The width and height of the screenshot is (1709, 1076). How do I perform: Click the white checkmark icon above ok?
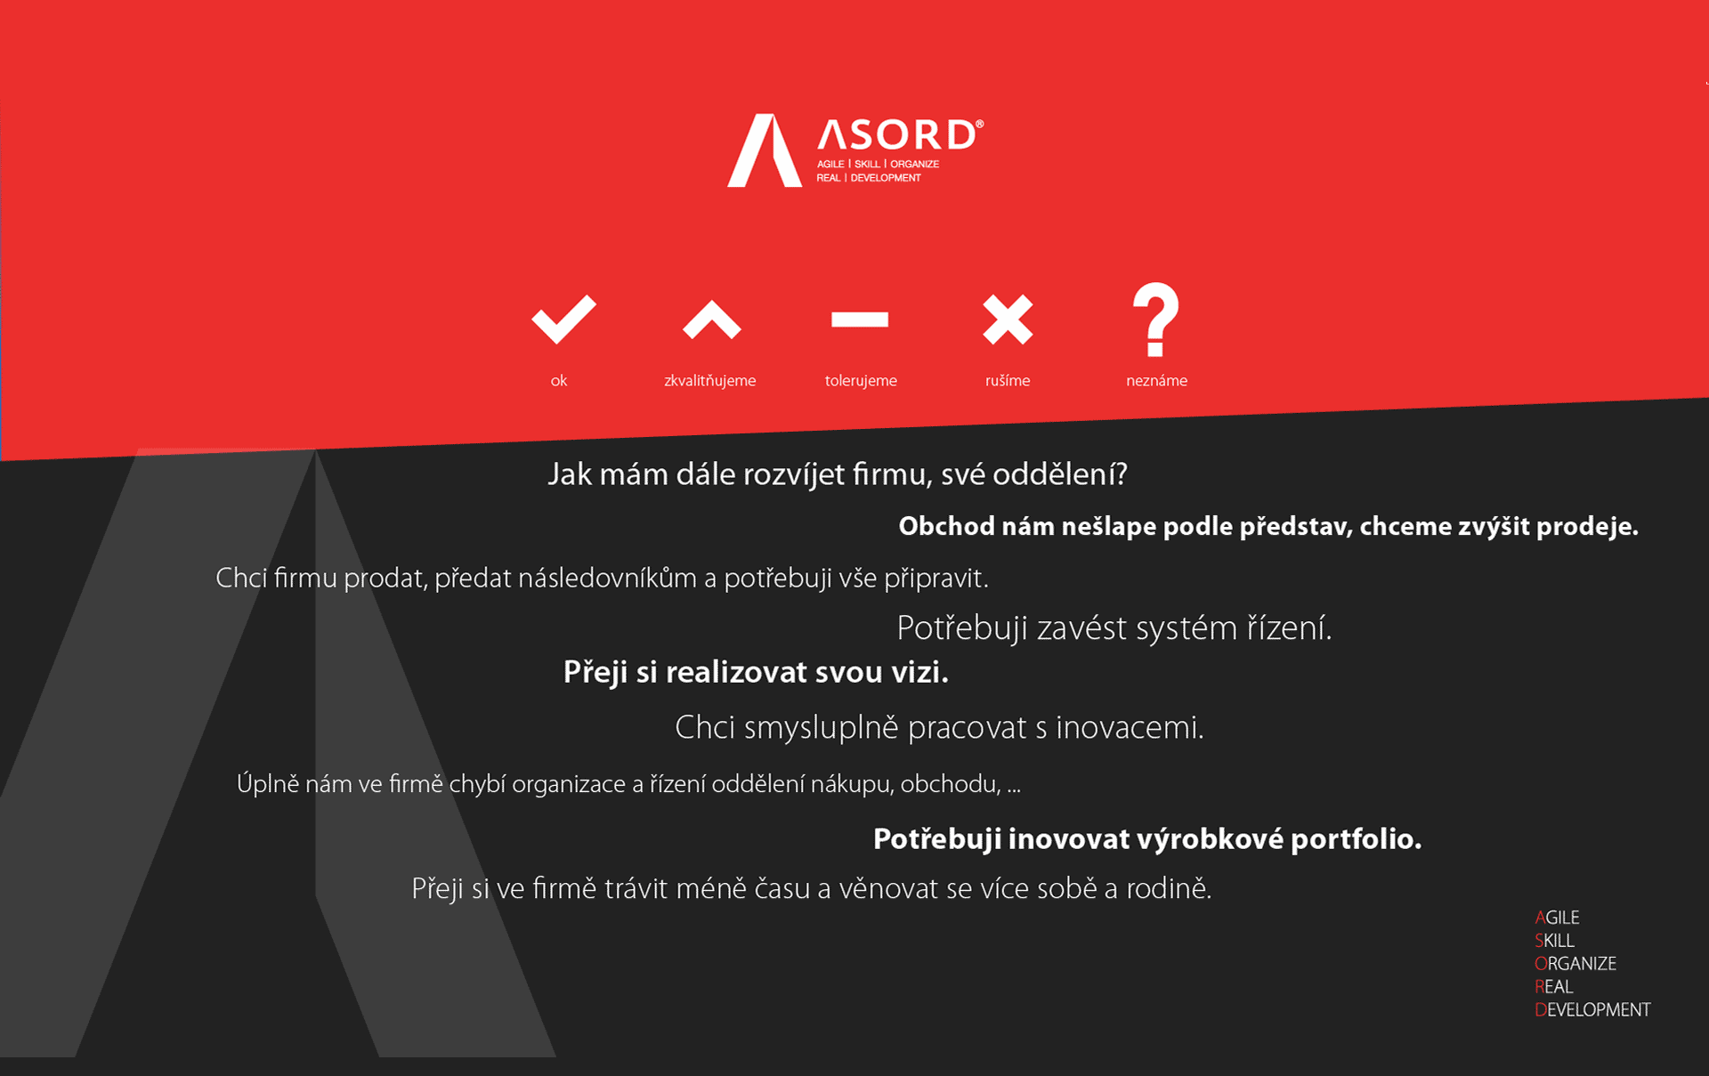pyautogui.click(x=563, y=320)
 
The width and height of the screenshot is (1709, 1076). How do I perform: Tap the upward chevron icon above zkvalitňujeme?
pyautogui.click(x=711, y=320)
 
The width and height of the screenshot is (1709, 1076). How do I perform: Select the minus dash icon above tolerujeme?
pyautogui.click(x=860, y=320)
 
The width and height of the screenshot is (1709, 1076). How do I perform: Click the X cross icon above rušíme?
pyautogui.click(x=1008, y=320)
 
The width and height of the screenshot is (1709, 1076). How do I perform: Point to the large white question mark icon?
pyautogui.click(x=1155, y=320)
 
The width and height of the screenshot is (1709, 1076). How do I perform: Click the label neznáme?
pyautogui.click(x=1156, y=381)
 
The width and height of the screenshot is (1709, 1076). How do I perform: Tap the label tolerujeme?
pyautogui.click(x=861, y=381)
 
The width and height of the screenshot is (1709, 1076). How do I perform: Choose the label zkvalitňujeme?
pyautogui.click(x=709, y=381)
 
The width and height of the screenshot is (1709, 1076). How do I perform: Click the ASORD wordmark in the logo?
pyautogui.click(x=900, y=134)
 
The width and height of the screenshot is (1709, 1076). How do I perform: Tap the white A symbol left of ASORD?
pyautogui.click(x=765, y=150)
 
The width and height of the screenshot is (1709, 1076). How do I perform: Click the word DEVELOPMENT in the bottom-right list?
pyautogui.click(x=1592, y=1010)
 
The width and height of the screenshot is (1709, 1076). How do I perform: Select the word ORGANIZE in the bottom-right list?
pyautogui.click(x=1575, y=964)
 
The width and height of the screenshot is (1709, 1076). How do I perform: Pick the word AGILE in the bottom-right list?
pyautogui.click(x=1557, y=918)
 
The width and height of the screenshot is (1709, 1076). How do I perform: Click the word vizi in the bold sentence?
pyautogui.click(x=919, y=672)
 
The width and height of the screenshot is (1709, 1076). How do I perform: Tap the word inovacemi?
pyautogui.click(x=1130, y=728)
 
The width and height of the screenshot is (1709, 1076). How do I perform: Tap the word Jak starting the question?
pyautogui.click(x=570, y=474)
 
